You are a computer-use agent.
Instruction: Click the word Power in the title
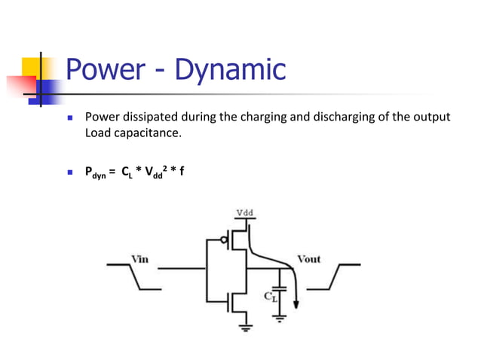[106, 69]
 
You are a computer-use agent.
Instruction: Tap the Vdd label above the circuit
[245, 212]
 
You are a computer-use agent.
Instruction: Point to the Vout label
[308, 258]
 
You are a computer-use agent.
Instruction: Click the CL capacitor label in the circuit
[270, 297]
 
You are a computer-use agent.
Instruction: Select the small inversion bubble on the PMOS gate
[223, 242]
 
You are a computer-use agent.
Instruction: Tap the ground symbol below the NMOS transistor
[244, 326]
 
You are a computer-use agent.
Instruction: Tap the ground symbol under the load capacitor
[280, 319]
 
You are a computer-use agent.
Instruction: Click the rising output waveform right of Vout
[343, 276]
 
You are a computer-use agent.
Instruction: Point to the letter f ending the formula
[182, 171]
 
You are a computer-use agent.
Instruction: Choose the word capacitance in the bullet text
[146, 133]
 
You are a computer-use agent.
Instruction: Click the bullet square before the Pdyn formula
[69, 172]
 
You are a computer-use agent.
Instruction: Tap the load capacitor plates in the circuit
[280, 288]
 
